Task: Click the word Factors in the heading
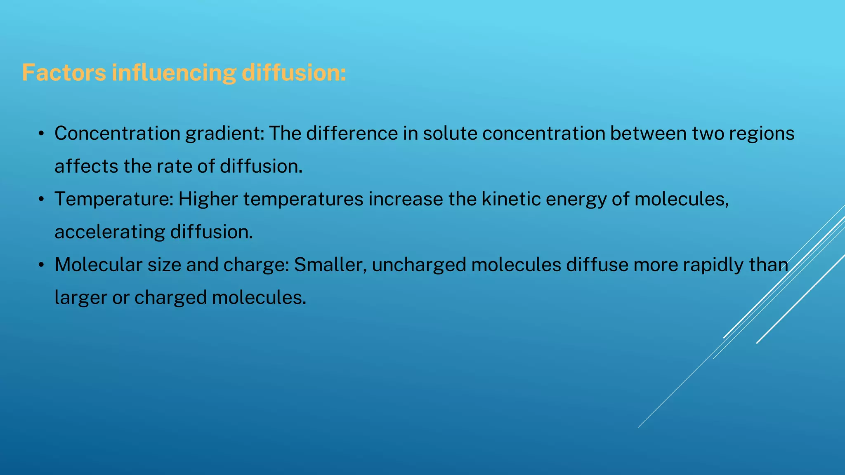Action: click(64, 73)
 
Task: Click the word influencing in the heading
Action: click(174, 73)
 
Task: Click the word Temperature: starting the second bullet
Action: click(114, 200)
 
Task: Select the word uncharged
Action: click(419, 265)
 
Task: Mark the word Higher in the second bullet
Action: click(208, 200)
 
